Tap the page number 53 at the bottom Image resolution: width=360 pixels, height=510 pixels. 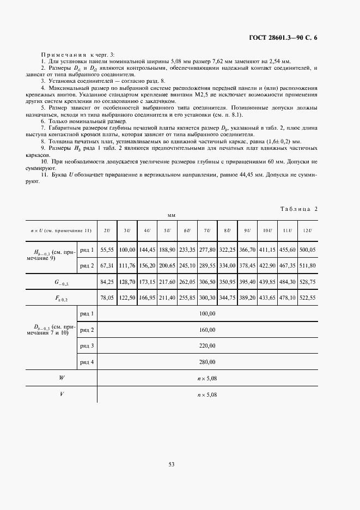[x=171, y=464]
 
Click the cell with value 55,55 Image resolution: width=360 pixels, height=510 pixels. [x=107, y=250]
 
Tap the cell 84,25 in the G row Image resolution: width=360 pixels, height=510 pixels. [x=107, y=284]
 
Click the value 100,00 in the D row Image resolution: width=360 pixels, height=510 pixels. [x=208, y=314]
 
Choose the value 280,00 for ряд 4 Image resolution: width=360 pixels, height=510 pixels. [x=208, y=362]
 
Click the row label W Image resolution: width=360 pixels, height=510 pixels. [x=61, y=378]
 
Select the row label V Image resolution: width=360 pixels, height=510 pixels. [x=61, y=394]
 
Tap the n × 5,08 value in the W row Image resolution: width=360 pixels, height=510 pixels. [x=207, y=378]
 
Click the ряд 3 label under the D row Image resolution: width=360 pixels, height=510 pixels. [x=87, y=346]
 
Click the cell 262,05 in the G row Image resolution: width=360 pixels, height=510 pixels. [x=187, y=284]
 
